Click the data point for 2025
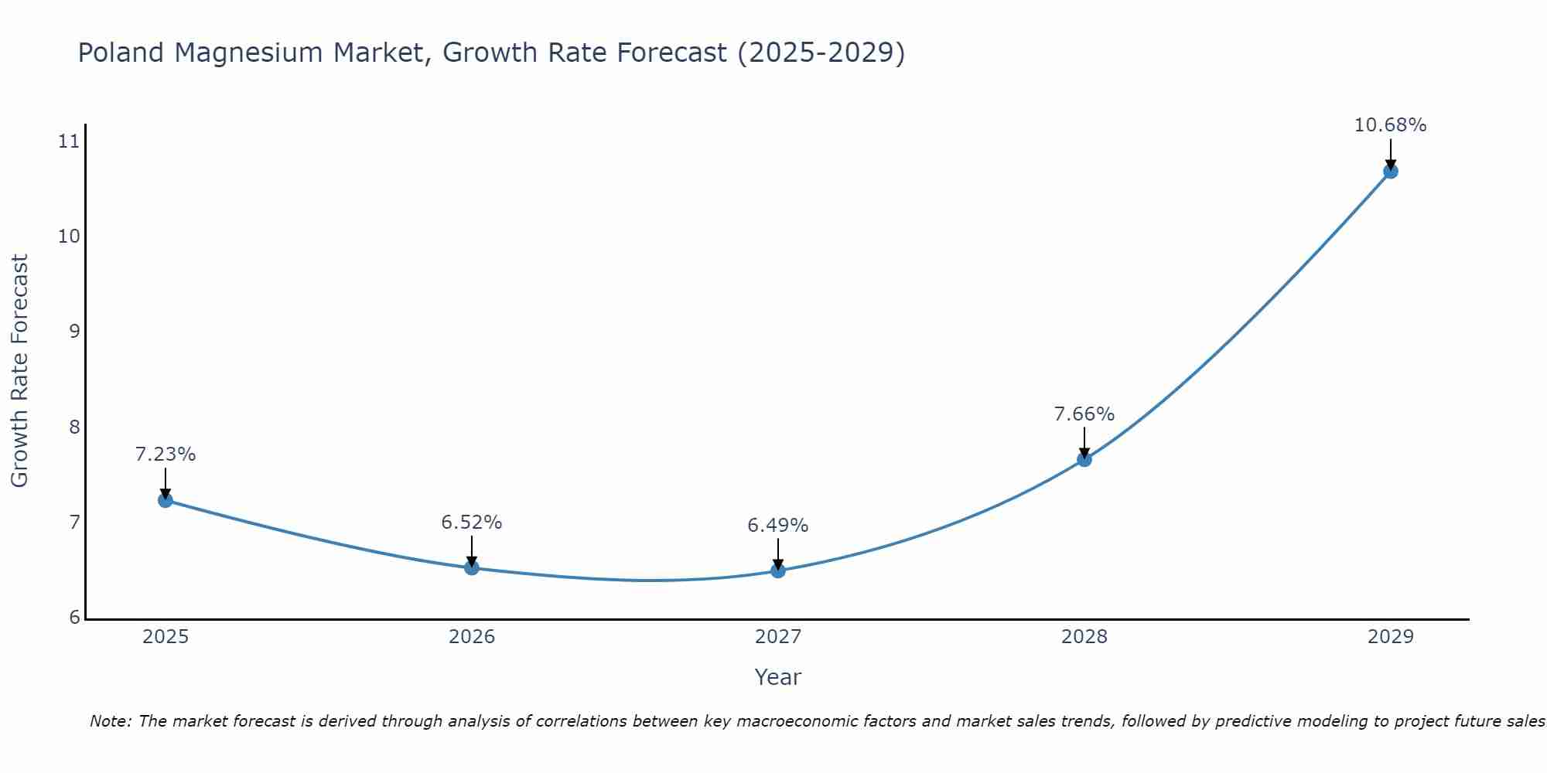165,500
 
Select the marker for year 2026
472,568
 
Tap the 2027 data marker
778,570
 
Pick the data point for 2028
1084,459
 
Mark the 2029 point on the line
1390,171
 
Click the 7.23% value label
166,455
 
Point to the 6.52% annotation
472,523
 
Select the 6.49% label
778,526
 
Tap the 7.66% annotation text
1084,414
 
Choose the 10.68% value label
1390,125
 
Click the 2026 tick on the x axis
472,637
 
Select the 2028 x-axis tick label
1084,637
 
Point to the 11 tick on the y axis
69,141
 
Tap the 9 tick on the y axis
74,332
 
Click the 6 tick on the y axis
74,618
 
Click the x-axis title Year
778,677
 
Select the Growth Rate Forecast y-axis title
19,371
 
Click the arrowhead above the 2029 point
1390,164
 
